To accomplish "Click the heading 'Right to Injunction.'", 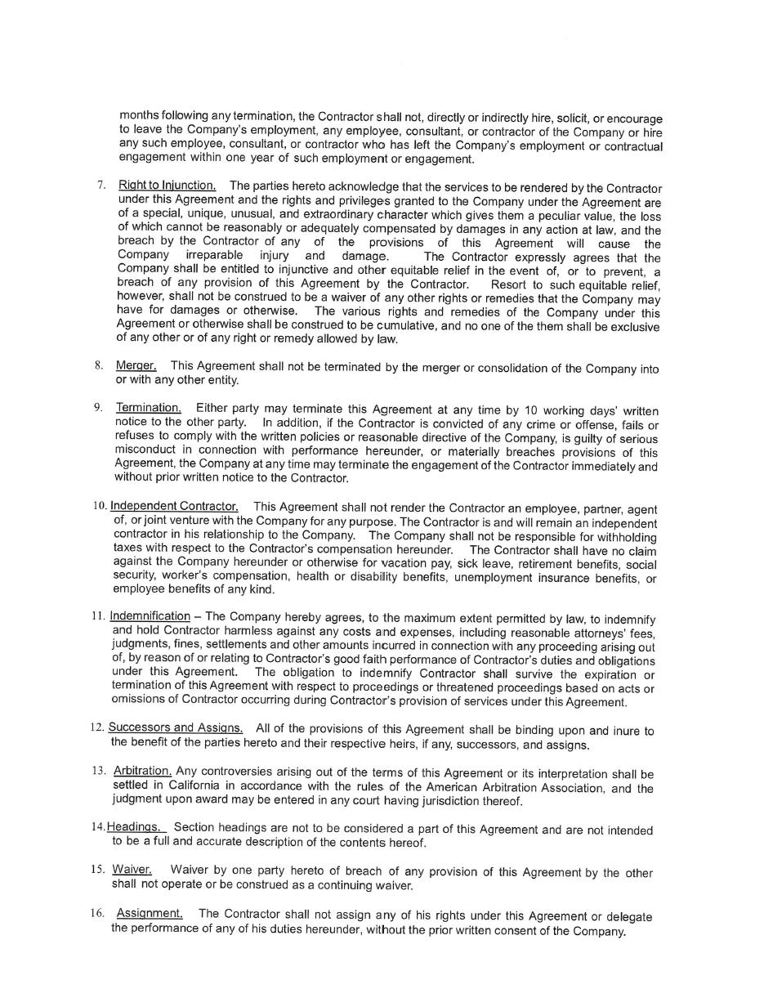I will pyautogui.click(x=167, y=186).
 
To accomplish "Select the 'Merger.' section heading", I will pyautogui.click(x=136, y=365).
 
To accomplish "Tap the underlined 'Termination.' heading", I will pyautogui.click(x=148, y=407).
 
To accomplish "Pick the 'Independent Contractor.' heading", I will pyautogui.click(x=174, y=506).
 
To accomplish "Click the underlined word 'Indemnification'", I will pyautogui.click(x=150, y=615).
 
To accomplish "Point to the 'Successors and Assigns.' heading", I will pyautogui.click(x=175, y=727).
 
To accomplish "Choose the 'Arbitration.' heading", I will pyautogui.click(x=142, y=770).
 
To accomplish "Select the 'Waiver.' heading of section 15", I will pyautogui.click(x=132, y=869).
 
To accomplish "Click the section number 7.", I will pyautogui.click(x=101, y=186).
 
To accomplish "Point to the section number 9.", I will pyautogui.click(x=98, y=407).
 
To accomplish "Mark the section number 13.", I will pyautogui.click(x=99, y=770).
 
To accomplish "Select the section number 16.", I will pyautogui.click(x=97, y=913).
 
